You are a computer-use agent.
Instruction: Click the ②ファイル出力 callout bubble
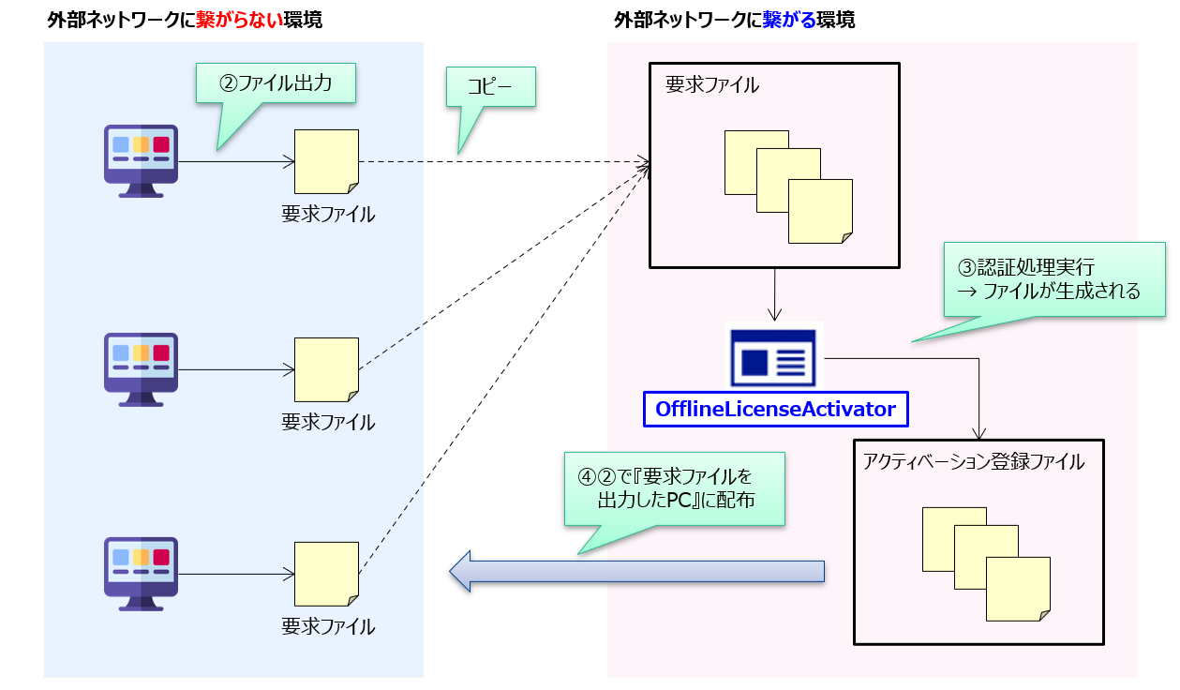pyautogui.click(x=276, y=82)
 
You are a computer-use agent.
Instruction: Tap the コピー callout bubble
pyautogui.click(x=489, y=86)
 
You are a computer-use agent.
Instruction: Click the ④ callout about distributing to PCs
pyautogui.click(x=673, y=488)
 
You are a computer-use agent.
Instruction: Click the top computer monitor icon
pyautogui.click(x=141, y=160)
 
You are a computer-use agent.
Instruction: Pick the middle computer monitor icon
pyautogui.click(x=141, y=369)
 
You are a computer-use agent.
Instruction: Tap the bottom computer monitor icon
pyautogui.click(x=141, y=573)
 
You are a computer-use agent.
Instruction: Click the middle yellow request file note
pyautogui.click(x=326, y=369)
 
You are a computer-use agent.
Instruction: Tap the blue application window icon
pyautogui.click(x=774, y=356)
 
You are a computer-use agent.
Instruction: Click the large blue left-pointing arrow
pyautogui.click(x=637, y=571)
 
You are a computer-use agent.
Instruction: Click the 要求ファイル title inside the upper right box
pyautogui.click(x=712, y=85)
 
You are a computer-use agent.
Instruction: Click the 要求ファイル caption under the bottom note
pyautogui.click(x=328, y=626)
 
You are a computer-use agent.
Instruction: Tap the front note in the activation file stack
pyautogui.click(x=1018, y=589)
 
